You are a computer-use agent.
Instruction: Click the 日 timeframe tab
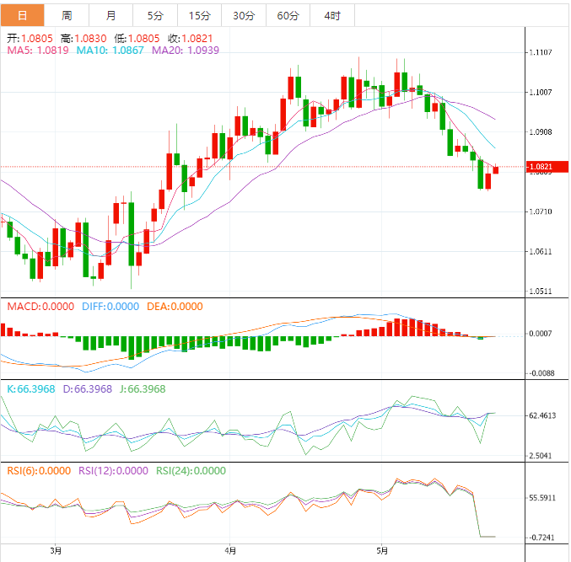[x=22, y=15]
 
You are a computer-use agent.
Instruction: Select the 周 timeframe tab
[x=67, y=15]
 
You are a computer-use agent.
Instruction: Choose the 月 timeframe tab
[x=111, y=15]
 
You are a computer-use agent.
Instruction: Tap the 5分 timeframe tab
[x=156, y=15]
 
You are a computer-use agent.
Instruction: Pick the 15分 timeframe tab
[x=200, y=15]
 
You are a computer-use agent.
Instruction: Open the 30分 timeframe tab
[x=244, y=15]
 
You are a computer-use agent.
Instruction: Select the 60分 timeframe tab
[x=288, y=15]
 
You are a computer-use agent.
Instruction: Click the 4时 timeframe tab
[x=332, y=15]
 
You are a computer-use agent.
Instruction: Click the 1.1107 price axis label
[x=541, y=52]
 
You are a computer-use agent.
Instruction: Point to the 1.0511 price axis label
[x=541, y=292]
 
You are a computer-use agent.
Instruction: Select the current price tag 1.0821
[x=541, y=167]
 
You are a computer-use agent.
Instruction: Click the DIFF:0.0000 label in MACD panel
[x=110, y=307]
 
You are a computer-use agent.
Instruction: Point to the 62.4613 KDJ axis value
[x=541, y=415]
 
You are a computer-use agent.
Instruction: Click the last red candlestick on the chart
[x=496, y=169]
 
